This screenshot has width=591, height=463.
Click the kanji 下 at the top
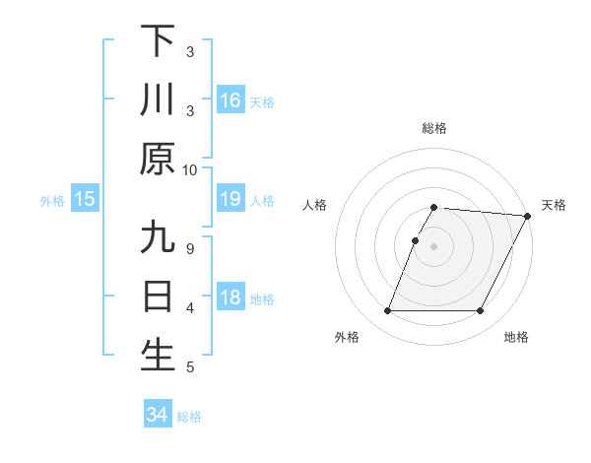pos(158,40)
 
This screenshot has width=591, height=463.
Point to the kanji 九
pos(158,238)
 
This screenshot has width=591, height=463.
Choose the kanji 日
pos(158,297)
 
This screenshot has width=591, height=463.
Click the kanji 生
pos(158,356)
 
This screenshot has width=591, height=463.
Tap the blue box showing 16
pos(230,99)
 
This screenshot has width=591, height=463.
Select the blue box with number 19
pos(230,200)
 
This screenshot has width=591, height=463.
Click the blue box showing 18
pos(230,298)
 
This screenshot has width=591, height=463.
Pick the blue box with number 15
pos(85,200)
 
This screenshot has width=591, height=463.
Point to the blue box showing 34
pos(158,415)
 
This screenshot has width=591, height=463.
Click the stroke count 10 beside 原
pos(190,169)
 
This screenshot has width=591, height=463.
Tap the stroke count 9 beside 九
pos(190,247)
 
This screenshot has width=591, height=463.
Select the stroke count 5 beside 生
pos(190,367)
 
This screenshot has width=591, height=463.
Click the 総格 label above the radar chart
pos(434,128)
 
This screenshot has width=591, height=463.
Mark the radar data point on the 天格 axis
pos(528,216)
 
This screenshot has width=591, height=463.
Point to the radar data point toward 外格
pos(387,311)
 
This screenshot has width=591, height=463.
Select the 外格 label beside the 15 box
pos(52,201)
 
